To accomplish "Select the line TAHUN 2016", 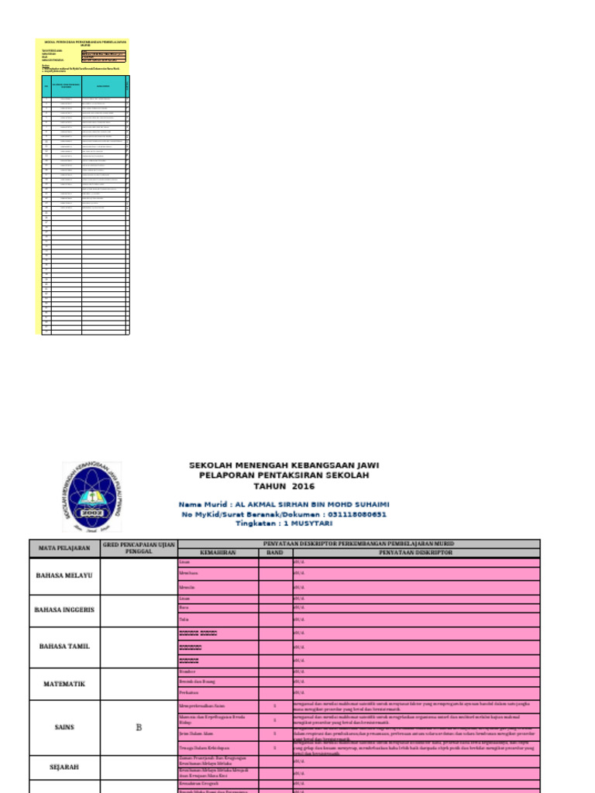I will [284, 486].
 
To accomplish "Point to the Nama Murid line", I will [284, 503].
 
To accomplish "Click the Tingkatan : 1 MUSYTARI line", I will [284, 524].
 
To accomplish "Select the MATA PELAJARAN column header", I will [64, 548].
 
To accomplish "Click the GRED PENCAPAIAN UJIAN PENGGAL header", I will [139, 548].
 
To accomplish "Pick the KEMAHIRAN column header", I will [218, 553].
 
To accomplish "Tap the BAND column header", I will [275, 553].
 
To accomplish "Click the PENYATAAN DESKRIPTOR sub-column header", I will [415, 553].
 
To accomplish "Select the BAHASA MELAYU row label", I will [64, 575].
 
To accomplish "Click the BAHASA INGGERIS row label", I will [64, 609].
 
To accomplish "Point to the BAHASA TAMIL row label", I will [64, 646].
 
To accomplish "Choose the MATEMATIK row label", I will [64, 684].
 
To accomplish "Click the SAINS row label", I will [64, 727].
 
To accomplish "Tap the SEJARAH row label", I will [64, 767].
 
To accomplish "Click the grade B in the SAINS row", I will [139, 727].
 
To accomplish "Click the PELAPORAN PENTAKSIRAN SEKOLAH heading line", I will [284, 475].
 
